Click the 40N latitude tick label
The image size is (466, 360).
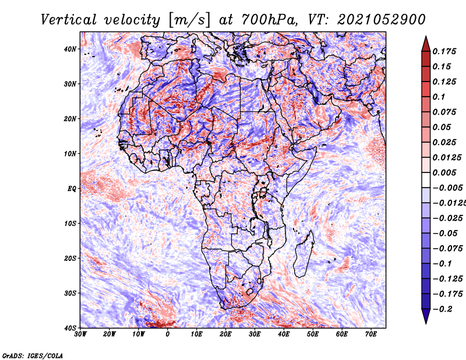tap(70, 49)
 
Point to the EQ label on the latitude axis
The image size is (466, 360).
tap(72, 189)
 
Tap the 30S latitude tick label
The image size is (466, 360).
tap(70, 294)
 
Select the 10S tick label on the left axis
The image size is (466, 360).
tap(70, 224)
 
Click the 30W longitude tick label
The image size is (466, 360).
tap(80, 334)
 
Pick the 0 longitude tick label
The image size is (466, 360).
tap(168, 334)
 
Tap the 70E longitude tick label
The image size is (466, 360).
tap(370, 334)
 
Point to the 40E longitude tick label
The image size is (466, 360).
tap(284, 334)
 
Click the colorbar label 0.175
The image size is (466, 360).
tap(444, 52)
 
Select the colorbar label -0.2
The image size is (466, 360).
tap(442, 309)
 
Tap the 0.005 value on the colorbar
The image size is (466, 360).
tap(444, 172)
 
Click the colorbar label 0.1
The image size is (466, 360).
tap(439, 97)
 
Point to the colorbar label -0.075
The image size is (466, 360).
tap(447, 249)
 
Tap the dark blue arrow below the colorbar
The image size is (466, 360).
tap(426, 316)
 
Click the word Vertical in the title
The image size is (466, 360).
tap(69, 20)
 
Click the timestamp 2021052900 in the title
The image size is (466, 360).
tap(382, 20)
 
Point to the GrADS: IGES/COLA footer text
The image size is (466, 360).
tap(33, 355)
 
